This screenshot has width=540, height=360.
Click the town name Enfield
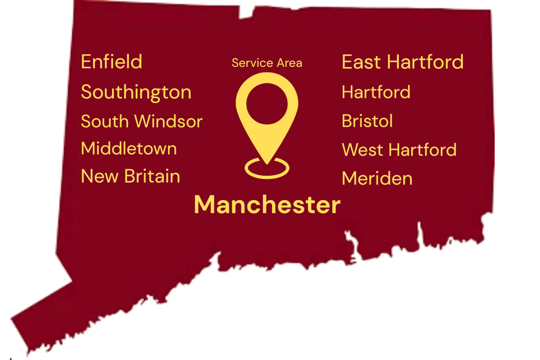click(x=111, y=62)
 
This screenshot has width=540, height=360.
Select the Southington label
click(x=136, y=92)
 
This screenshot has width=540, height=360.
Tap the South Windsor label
click(x=141, y=121)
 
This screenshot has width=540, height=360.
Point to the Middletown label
click(x=129, y=148)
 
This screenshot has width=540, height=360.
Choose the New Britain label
click(x=130, y=176)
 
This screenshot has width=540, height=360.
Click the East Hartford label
click(x=402, y=62)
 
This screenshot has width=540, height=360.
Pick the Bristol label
click(x=367, y=121)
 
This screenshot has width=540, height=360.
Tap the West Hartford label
click(x=399, y=150)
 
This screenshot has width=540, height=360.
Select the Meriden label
click(x=377, y=178)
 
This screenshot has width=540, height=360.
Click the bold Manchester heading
click(x=267, y=205)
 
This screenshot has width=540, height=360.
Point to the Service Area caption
click(x=267, y=63)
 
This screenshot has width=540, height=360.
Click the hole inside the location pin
click(x=267, y=104)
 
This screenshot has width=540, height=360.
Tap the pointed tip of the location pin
click(x=267, y=162)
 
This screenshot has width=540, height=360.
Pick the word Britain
click(x=152, y=176)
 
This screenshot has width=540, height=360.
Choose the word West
click(x=362, y=150)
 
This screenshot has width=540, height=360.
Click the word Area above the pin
click(x=289, y=63)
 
